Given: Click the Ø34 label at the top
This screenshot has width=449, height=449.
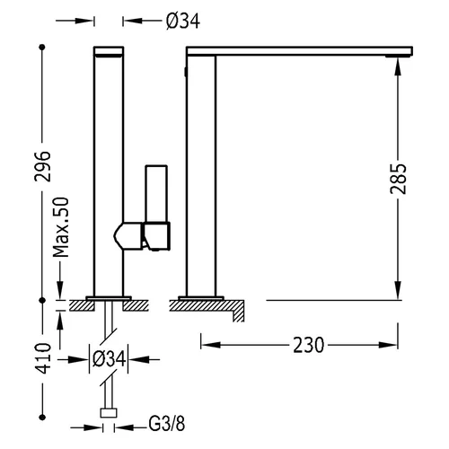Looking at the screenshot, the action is [x=183, y=22].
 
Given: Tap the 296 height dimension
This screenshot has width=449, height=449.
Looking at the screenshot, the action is [x=42, y=166].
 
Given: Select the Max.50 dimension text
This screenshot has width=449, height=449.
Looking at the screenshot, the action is [x=60, y=227].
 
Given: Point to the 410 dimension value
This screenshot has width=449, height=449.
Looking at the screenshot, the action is [x=42, y=358].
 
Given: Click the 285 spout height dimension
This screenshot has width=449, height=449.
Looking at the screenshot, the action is [x=398, y=179].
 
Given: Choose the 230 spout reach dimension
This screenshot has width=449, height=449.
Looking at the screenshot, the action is [x=308, y=345].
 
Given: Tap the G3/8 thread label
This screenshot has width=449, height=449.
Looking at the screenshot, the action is [x=167, y=424].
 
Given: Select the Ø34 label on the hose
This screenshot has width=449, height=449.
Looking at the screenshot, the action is [x=109, y=359].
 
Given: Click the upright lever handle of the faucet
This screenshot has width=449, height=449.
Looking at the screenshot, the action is [x=156, y=194].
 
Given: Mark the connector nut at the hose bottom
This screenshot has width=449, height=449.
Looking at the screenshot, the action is [x=109, y=413].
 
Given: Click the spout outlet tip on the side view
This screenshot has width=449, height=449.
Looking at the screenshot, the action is [x=399, y=56].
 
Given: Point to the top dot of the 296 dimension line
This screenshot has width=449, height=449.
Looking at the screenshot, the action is [x=42, y=47].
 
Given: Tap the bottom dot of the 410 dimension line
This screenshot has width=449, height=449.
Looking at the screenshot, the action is [x=42, y=417].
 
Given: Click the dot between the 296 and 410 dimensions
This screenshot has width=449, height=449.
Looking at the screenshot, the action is [x=42, y=300].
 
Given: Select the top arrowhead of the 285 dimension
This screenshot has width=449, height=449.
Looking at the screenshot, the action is [x=398, y=66].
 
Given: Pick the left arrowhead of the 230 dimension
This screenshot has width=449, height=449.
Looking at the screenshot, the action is [x=211, y=345].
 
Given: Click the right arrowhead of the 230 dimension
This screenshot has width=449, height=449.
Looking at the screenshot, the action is [x=388, y=345].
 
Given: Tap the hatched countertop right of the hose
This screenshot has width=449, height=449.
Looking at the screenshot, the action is [x=136, y=305].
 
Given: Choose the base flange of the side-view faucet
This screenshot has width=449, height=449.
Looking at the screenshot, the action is [x=201, y=298].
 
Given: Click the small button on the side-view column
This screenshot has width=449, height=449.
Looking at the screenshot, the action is [x=185, y=72].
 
